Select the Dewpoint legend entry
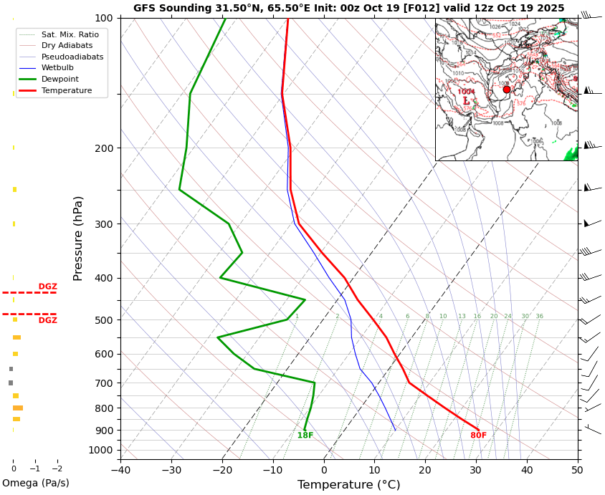[x=60, y=79]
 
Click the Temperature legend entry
[x=67, y=90]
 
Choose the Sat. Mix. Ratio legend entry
[x=70, y=34]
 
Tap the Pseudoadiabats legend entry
[x=72, y=57]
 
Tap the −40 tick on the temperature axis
[x=120, y=470]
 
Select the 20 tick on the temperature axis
[x=425, y=470]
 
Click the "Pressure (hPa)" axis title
[x=78, y=238]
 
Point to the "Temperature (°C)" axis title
[x=348, y=485]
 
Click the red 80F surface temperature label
[x=478, y=436]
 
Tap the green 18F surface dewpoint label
[x=305, y=436]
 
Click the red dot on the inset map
[x=507, y=90]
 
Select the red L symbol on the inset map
[x=466, y=101]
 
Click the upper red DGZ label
[x=47, y=287]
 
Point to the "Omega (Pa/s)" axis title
[x=36, y=484]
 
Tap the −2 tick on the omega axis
[x=57, y=469]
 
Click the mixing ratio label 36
[x=539, y=317]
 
